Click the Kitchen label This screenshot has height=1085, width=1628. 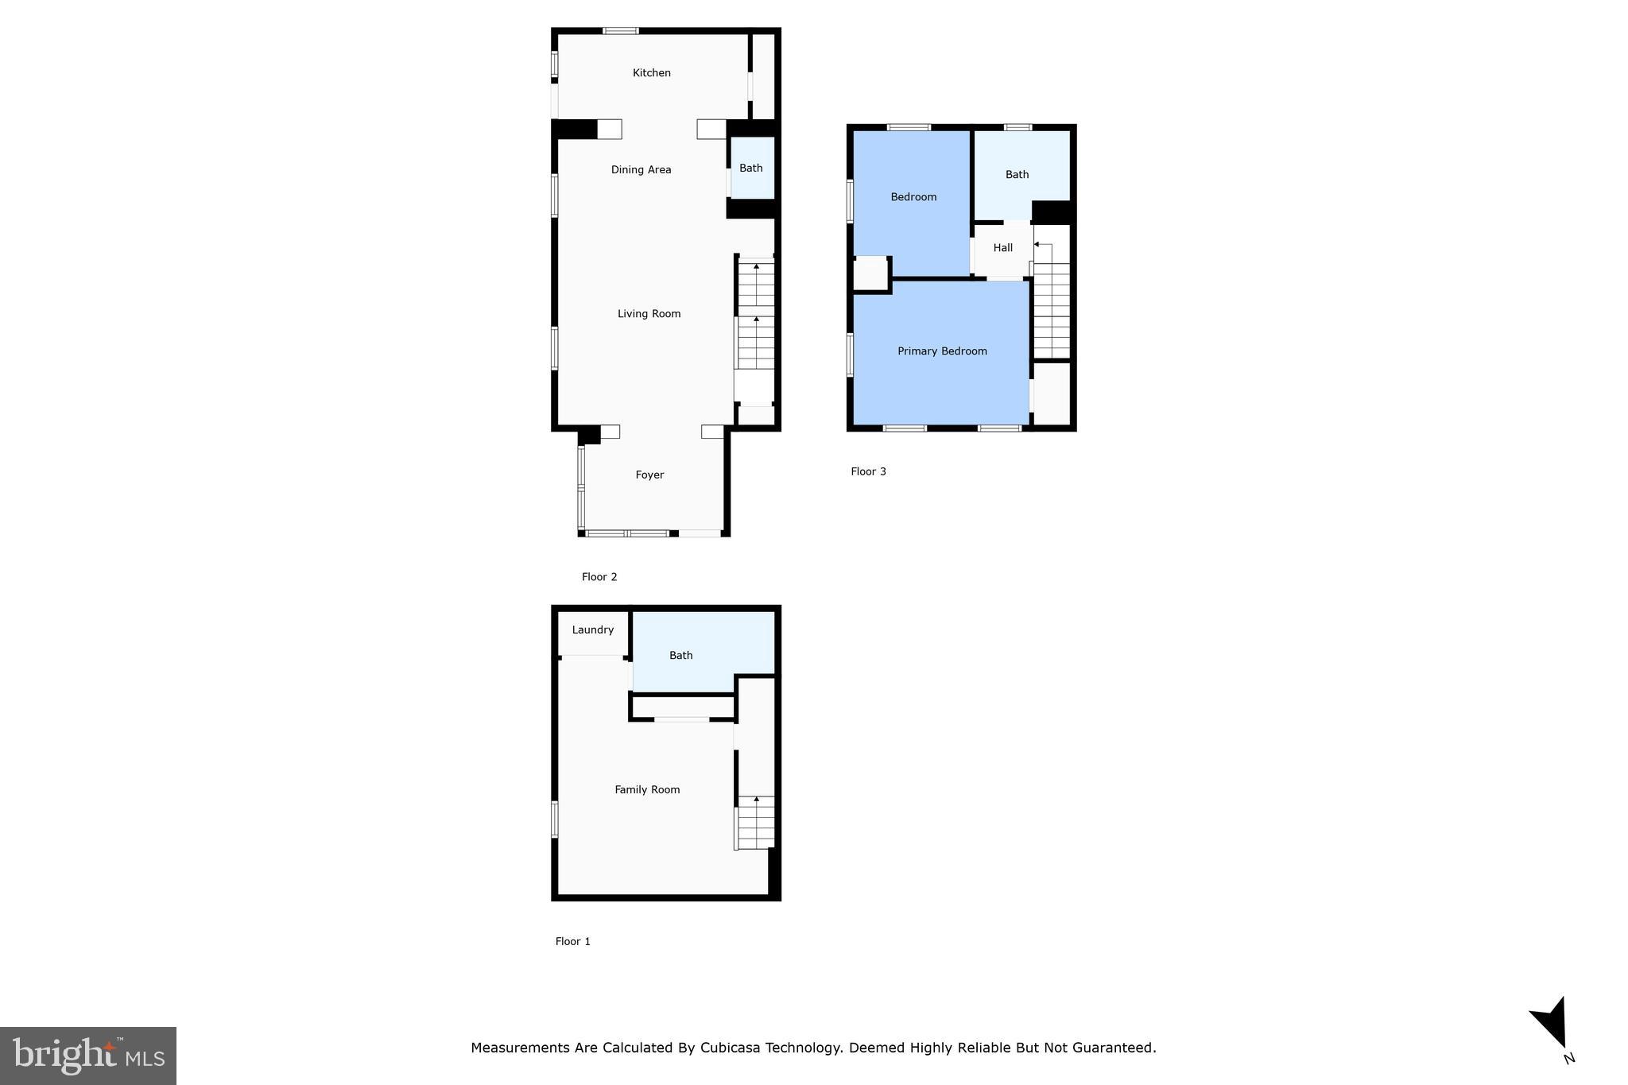pos(651,73)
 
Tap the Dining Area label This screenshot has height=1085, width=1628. pos(641,170)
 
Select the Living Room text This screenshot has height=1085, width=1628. pos(649,314)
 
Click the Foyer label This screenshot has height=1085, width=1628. pos(649,475)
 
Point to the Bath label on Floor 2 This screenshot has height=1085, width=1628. pos(750,169)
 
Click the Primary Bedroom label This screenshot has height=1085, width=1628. pos(942,351)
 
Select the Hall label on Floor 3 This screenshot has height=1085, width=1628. pos(1002,248)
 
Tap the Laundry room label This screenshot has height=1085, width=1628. pos(592,630)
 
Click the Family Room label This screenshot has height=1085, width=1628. pos(647,790)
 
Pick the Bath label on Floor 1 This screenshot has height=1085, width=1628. pos(680,656)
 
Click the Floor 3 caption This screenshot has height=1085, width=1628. pos(868,472)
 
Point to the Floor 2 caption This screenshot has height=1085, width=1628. pos(599,578)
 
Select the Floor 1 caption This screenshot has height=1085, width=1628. pos(572,942)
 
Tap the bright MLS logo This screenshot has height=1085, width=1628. pos(88,1056)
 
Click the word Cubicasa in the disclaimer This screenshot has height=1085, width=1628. pos(731,1048)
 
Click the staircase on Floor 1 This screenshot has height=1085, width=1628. pos(755,823)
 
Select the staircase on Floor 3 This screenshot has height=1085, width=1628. pos(1051,310)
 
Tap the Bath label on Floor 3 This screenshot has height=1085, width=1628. pos(1017,175)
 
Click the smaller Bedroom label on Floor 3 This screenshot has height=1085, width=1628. pos(913,197)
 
